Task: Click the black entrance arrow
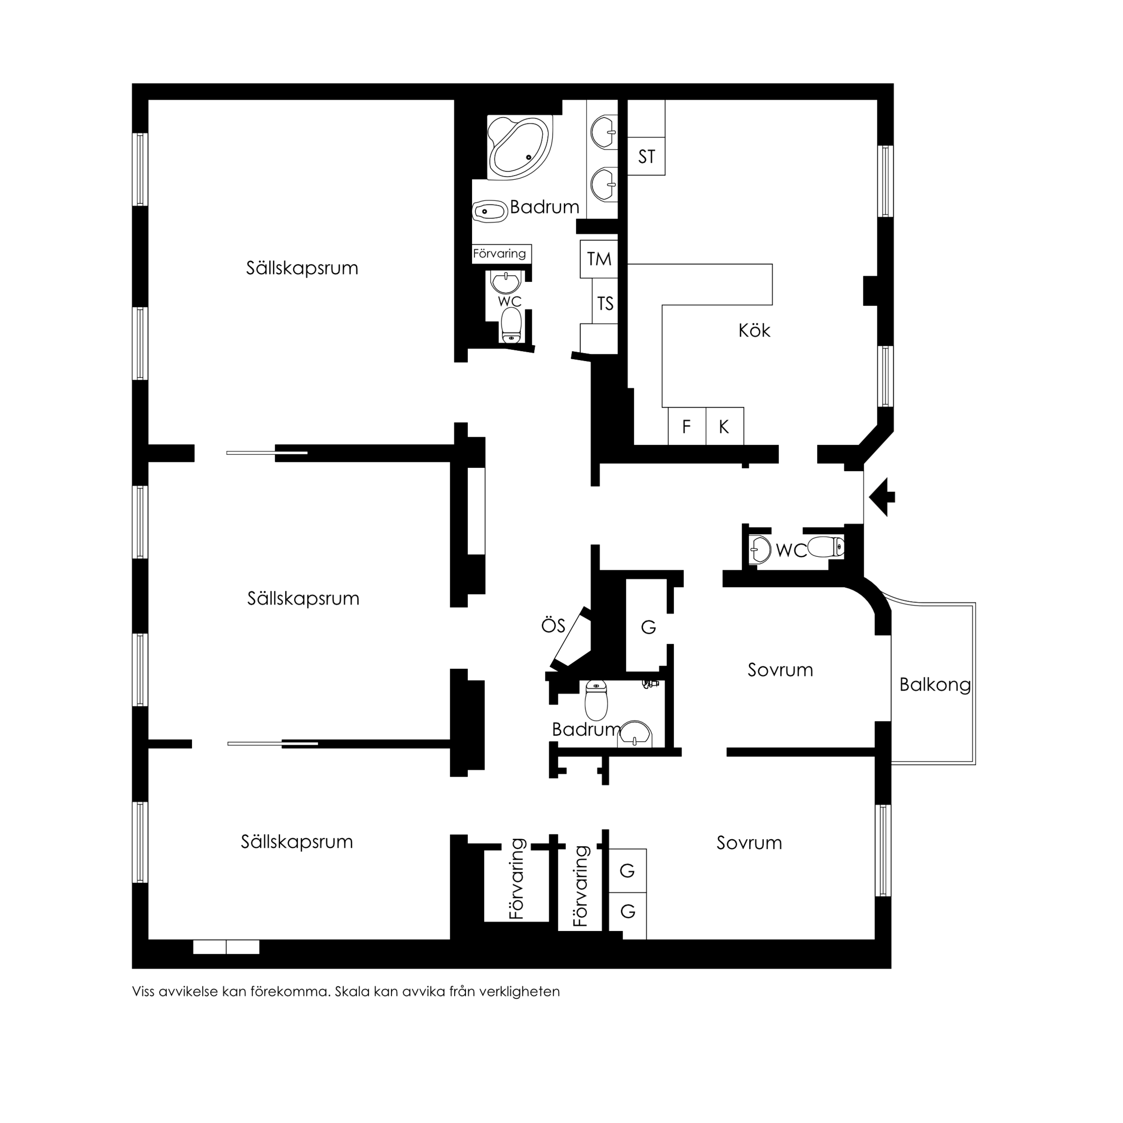point(882,497)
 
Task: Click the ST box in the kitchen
point(646,156)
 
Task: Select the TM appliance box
point(599,259)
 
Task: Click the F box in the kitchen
point(687,426)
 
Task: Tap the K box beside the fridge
point(724,426)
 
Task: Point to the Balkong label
point(935,685)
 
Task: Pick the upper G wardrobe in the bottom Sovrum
point(627,871)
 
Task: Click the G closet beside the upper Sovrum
point(648,627)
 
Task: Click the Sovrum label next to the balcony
point(780,670)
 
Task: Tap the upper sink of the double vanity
point(603,132)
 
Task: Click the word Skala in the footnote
point(352,992)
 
